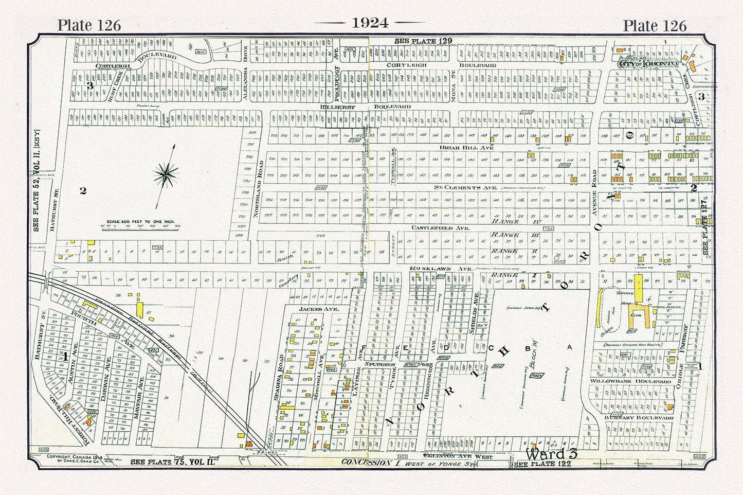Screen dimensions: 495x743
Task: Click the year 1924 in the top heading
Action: tap(370, 23)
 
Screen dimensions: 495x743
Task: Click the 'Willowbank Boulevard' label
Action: tap(638, 382)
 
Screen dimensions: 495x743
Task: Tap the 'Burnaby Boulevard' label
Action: tap(639, 418)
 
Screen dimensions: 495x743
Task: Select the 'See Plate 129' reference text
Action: tap(423, 41)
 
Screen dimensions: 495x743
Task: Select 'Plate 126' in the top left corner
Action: tap(89, 25)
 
